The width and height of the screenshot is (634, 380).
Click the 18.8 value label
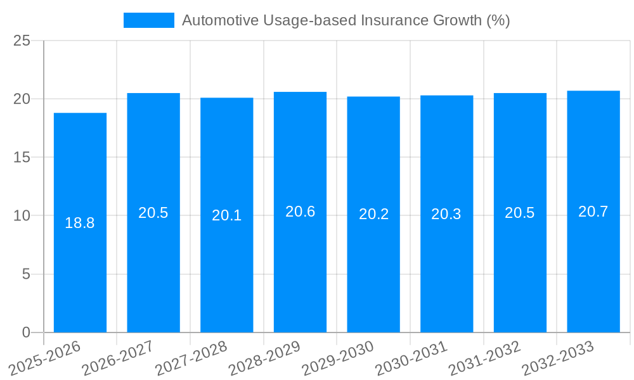coord(80,223)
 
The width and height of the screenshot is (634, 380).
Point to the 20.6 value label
coord(300,212)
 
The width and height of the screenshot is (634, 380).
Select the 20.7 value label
coord(593,212)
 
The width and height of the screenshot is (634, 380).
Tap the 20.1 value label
coord(226,215)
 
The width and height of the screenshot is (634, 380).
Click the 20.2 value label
coord(373,214)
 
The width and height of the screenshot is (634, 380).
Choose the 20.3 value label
coord(446,214)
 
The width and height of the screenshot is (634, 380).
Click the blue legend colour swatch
coord(148,20)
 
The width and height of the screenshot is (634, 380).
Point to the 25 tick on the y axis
coord(22,41)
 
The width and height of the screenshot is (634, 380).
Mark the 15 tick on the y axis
coord(22,157)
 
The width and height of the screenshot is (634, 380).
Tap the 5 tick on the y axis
coord(26,274)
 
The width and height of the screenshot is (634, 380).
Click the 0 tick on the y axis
coord(26,332)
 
